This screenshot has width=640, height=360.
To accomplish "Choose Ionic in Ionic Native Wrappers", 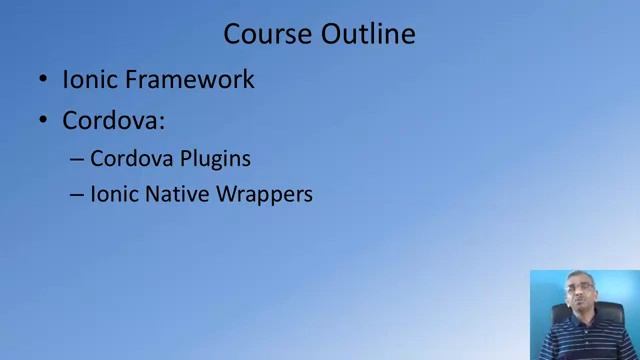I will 111,194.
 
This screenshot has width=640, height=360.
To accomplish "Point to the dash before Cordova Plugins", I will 77,159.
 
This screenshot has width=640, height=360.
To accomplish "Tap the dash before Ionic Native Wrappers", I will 77,195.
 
